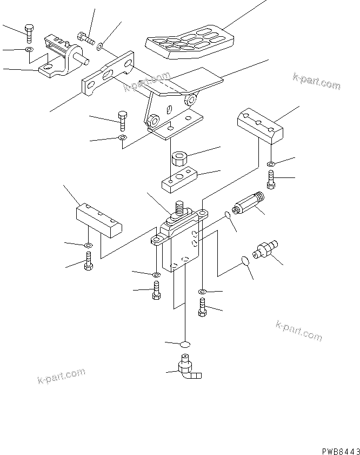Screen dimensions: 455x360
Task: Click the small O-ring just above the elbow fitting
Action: pyautogui.click(x=185, y=344)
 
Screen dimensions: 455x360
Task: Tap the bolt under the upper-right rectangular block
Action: pyautogui.click(x=271, y=180)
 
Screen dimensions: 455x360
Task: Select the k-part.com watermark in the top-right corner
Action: pyautogui.click(x=317, y=81)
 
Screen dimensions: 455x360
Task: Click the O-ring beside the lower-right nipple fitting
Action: pyautogui.click(x=245, y=261)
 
